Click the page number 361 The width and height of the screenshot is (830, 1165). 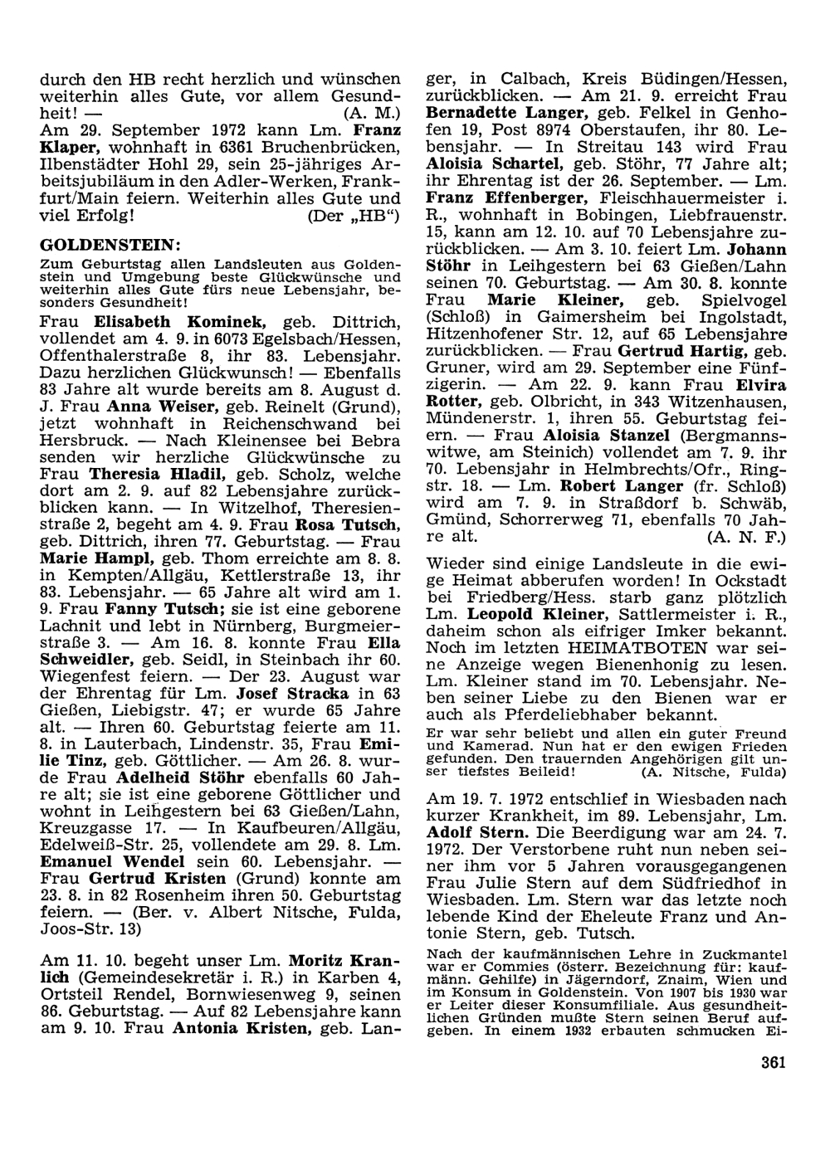[x=772, y=1063]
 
